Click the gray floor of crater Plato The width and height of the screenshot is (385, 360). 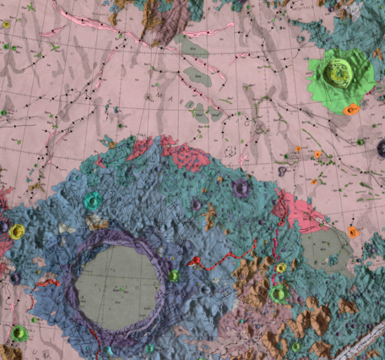(x=118, y=284)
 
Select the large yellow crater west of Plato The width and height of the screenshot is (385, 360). (x=16, y=231)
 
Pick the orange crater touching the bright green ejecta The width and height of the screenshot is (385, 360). (x=351, y=109)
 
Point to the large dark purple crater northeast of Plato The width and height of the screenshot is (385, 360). (x=243, y=188)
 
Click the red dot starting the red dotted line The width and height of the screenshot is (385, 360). (x=196, y=261)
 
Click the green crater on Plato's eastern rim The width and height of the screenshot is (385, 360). (x=173, y=275)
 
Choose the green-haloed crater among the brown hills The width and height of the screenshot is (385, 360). (x=279, y=294)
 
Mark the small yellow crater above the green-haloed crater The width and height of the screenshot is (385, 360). (x=281, y=267)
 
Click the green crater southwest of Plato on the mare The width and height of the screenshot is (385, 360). (x=18, y=333)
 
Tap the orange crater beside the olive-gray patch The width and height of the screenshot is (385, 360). (x=353, y=232)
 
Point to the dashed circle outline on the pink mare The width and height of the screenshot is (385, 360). (x=230, y=150)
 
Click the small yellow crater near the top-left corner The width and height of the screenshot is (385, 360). (x=7, y=25)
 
